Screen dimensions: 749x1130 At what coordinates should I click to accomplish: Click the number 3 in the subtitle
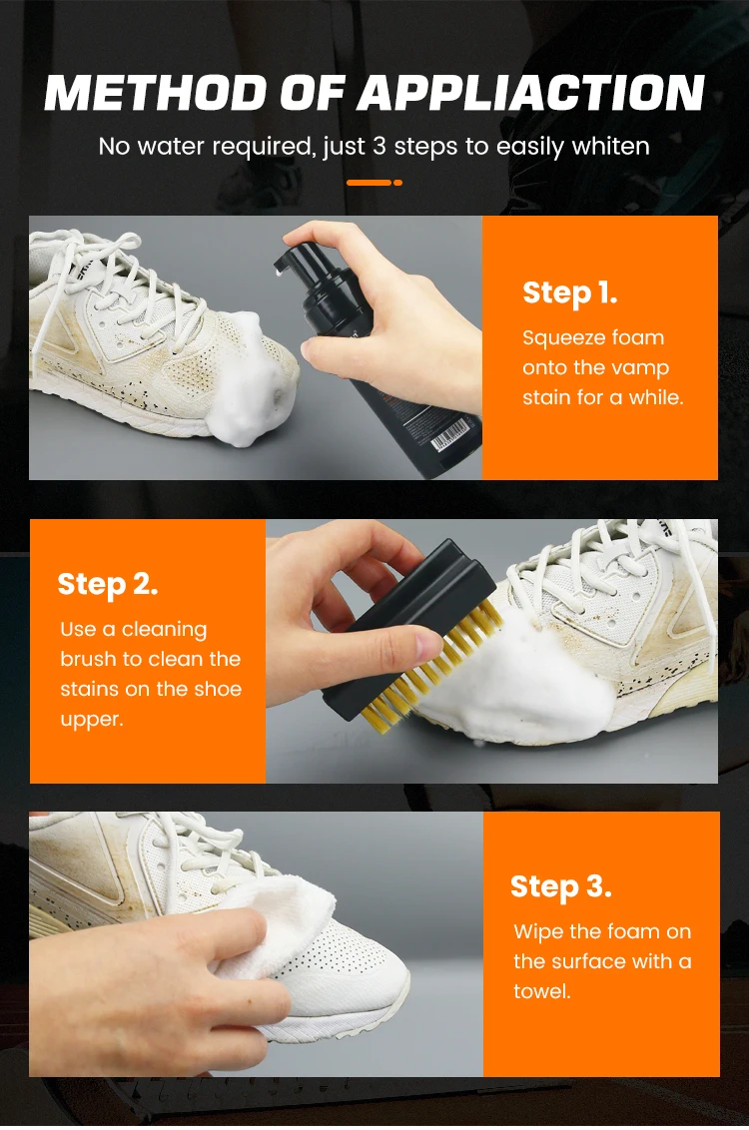pyautogui.click(x=379, y=147)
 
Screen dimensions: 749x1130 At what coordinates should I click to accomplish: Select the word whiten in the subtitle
pyautogui.click(x=610, y=147)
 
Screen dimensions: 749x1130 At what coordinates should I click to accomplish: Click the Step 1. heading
pyautogui.click(x=569, y=293)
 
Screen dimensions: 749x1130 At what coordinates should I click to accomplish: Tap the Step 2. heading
pyautogui.click(x=108, y=584)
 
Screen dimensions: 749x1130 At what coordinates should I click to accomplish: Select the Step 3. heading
pyautogui.click(x=561, y=887)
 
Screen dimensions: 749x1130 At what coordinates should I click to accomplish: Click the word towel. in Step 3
pyautogui.click(x=542, y=991)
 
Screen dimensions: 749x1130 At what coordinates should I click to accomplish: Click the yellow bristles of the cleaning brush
pyautogui.click(x=432, y=670)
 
